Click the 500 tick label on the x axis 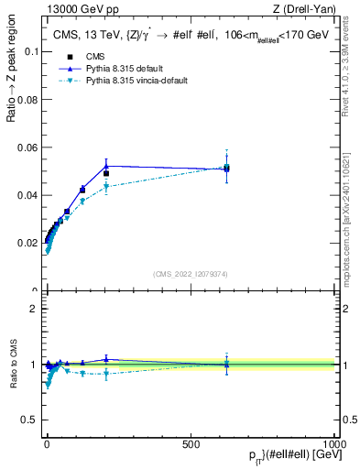(191, 443)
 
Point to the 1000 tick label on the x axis (334, 443)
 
